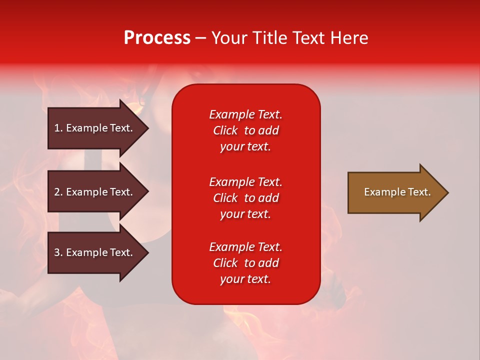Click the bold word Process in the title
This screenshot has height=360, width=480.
coord(157,38)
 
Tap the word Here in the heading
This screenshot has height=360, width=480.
coord(349,38)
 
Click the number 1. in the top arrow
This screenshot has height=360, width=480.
coord(58,128)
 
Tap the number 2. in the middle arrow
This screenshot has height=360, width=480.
coord(58,192)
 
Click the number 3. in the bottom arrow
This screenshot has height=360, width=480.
coord(58,252)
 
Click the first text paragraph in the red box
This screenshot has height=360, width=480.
coord(245,130)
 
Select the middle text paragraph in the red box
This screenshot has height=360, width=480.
coord(245,198)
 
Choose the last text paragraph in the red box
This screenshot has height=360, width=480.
coord(245,263)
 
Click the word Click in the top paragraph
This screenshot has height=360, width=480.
coord(225,130)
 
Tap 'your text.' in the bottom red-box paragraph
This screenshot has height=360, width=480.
coord(245,279)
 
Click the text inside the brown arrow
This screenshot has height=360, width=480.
coord(397,192)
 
